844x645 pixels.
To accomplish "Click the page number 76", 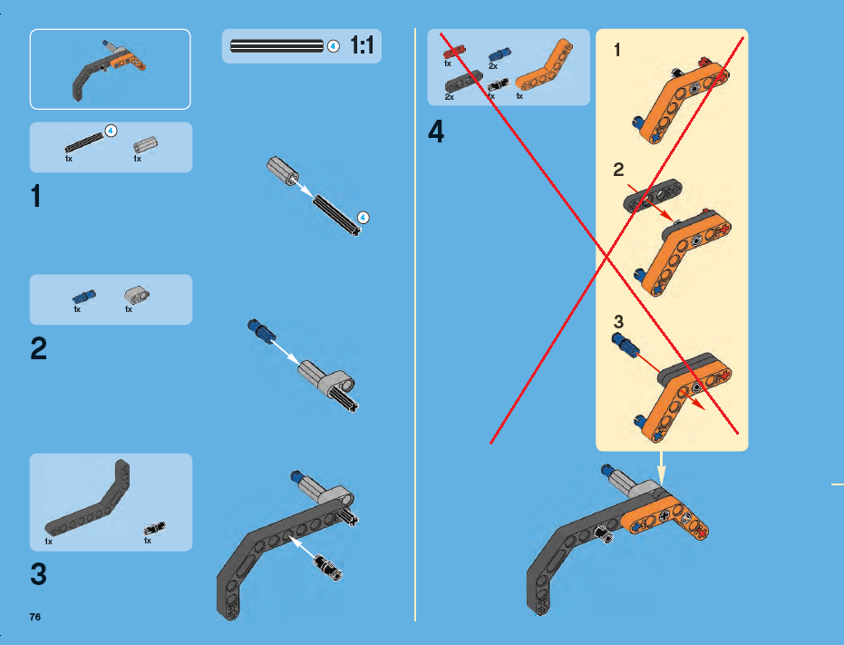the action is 35,617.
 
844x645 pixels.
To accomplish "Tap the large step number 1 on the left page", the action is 36,196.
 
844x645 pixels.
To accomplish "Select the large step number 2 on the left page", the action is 38,348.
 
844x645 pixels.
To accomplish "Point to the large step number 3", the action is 38,574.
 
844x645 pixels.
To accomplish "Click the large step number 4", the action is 436,132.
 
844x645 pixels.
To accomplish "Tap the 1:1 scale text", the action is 362,45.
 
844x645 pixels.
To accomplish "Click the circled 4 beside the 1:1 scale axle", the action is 334,46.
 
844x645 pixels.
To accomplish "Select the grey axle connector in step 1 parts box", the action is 145,145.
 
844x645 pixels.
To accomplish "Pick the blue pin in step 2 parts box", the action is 84,297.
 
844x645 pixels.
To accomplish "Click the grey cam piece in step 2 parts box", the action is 137,295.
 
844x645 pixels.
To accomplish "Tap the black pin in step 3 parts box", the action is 154,529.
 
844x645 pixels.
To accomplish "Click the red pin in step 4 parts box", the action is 454,53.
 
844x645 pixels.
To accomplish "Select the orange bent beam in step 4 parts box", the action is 544,67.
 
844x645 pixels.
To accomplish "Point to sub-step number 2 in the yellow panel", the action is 618,170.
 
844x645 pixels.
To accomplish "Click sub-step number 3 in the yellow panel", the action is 618,322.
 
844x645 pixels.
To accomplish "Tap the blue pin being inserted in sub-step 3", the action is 626,345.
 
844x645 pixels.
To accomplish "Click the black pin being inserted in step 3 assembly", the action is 328,567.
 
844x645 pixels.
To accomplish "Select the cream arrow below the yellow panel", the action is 662,469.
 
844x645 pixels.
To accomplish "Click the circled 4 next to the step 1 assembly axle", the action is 364,218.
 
